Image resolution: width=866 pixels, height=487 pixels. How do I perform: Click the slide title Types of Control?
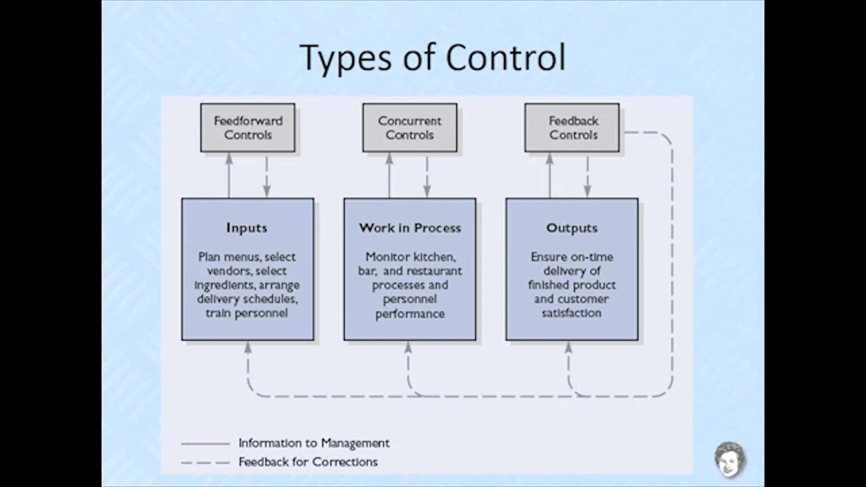point(432,57)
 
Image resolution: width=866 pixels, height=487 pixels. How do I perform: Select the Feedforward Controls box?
point(248,128)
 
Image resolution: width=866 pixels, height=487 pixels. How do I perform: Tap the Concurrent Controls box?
point(410,128)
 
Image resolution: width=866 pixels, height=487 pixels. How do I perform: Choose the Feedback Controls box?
point(572,128)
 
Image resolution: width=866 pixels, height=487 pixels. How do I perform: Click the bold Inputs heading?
point(247,228)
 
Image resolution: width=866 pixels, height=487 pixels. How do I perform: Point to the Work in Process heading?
point(410,228)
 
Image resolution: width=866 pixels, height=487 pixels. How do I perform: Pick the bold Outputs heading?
point(572,228)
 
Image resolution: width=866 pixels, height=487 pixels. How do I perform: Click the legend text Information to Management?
point(314,443)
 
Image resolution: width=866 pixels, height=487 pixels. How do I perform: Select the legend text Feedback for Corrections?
point(308,462)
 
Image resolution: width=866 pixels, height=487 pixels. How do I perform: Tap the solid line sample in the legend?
point(206,444)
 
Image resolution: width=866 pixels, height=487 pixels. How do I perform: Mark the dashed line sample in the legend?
point(206,463)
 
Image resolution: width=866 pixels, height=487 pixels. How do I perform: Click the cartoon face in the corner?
point(729,459)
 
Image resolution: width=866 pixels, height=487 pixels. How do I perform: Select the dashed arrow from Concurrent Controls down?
point(427,176)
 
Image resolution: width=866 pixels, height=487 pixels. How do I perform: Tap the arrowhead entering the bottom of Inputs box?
point(248,347)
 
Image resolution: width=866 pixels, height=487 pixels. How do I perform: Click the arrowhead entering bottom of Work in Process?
point(408,347)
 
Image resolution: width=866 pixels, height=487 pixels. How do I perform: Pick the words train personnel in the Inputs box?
point(247,313)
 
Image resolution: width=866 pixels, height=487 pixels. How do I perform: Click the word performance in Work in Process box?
point(410,314)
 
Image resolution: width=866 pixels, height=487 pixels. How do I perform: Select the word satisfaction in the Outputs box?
point(572,313)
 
